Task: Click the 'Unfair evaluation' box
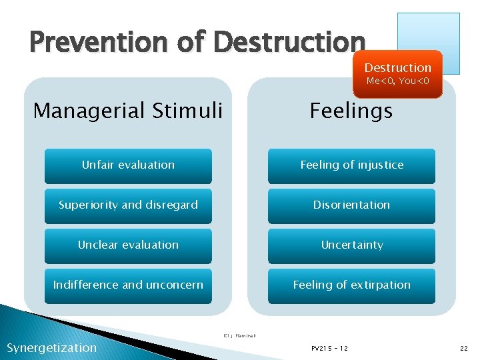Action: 128,165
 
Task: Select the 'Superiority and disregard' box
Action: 128,205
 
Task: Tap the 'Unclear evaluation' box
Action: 128,245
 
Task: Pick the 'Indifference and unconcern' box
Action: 128,285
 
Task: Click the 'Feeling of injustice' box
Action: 351,165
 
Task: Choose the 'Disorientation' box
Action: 351,205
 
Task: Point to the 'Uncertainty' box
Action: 351,245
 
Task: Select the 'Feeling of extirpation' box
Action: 351,285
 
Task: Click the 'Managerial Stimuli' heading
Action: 128,110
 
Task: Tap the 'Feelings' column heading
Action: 351,110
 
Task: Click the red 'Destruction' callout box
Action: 398,74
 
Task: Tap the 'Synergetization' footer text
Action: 51,347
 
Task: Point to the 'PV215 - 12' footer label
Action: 329,348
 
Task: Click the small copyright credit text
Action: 239,335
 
